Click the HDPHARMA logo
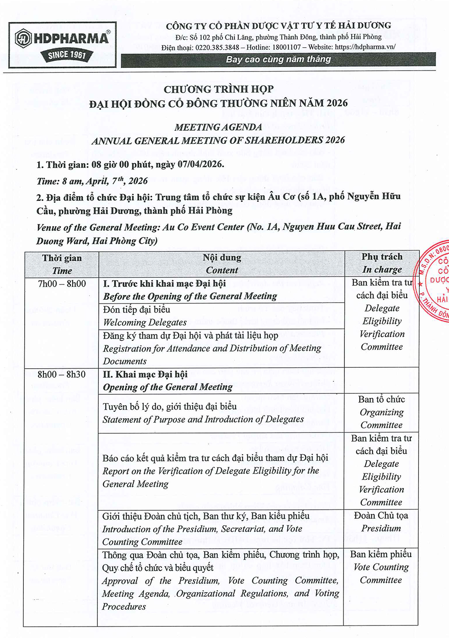62,39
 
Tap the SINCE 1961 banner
67,55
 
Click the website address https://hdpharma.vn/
365,47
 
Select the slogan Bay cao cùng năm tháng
278,59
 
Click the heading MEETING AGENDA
218,127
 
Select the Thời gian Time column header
62,264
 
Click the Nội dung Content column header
222,264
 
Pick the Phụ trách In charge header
382,263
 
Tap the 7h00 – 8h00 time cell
62,284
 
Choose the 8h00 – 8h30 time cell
62,375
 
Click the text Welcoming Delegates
145,322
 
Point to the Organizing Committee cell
381,412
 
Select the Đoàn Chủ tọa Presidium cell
381,522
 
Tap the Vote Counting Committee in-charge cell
381,567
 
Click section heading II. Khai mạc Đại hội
145,375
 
